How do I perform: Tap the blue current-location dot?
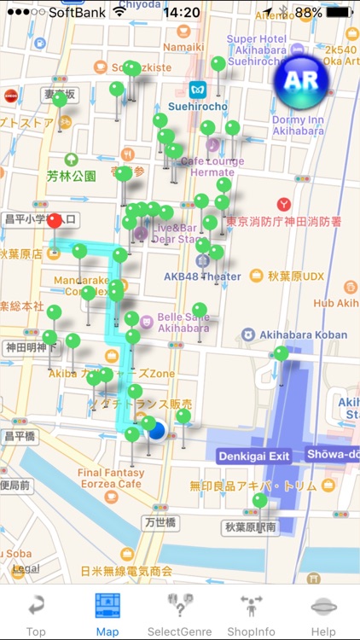click(x=156, y=431)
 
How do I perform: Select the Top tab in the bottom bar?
click(x=36, y=613)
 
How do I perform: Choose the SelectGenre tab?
click(x=179, y=613)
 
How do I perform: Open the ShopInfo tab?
click(x=251, y=613)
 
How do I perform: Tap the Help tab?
click(x=323, y=613)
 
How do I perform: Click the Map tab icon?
click(x=107, y=605)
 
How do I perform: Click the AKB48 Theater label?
click(x=202, y=276)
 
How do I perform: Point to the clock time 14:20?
click(x=181, y=13)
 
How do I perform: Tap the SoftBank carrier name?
click(x=77, y=13)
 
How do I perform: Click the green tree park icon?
click(x=72, y=160)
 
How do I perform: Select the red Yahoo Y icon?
click(x=285, y=205)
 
